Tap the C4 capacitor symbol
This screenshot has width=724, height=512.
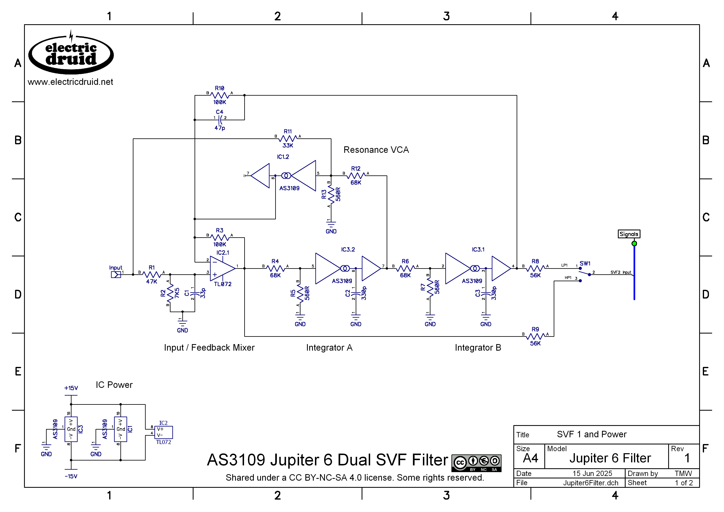coord(220,120)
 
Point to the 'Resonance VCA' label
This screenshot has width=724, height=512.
coord(376,150)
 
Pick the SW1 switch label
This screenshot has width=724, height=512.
coord(585,264)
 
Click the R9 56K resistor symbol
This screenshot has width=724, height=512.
coord(535,336)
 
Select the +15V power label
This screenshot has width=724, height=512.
coord(71,388)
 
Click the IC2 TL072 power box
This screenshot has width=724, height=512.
coord(164,432)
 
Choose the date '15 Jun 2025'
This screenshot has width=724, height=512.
coord(592,474)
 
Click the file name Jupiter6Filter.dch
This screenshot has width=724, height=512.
coord(591,483)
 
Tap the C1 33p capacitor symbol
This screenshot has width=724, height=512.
coord(195,293)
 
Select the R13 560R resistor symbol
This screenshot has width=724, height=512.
coord(331,195)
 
